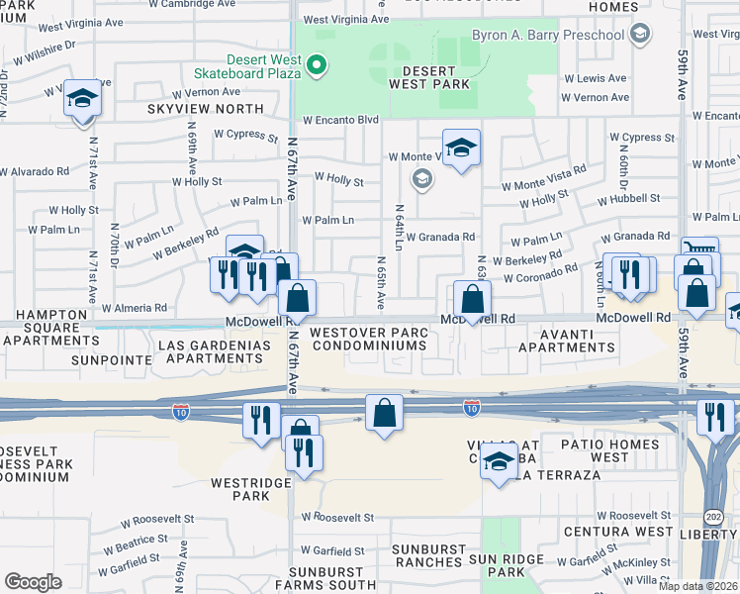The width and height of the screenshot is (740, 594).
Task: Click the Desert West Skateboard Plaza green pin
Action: [x=317, y=67]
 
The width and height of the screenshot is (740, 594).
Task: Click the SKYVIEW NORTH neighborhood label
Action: [x=206, y=109]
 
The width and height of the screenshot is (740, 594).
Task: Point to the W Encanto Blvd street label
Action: [x=341, y=120]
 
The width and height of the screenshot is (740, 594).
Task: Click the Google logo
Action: [x=33, y=581]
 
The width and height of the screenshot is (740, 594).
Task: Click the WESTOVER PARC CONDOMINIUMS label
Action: [x=368, y=339]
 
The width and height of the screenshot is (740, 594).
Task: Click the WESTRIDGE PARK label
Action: [x=246, y=489]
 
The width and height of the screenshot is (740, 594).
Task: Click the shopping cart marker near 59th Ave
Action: [x=699, y=252]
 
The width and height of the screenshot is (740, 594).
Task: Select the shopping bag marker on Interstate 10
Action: [x=384, y=412]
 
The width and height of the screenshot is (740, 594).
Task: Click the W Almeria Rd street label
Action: [x=134, y=308]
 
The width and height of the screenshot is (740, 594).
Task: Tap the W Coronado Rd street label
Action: [x=540, y=273]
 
